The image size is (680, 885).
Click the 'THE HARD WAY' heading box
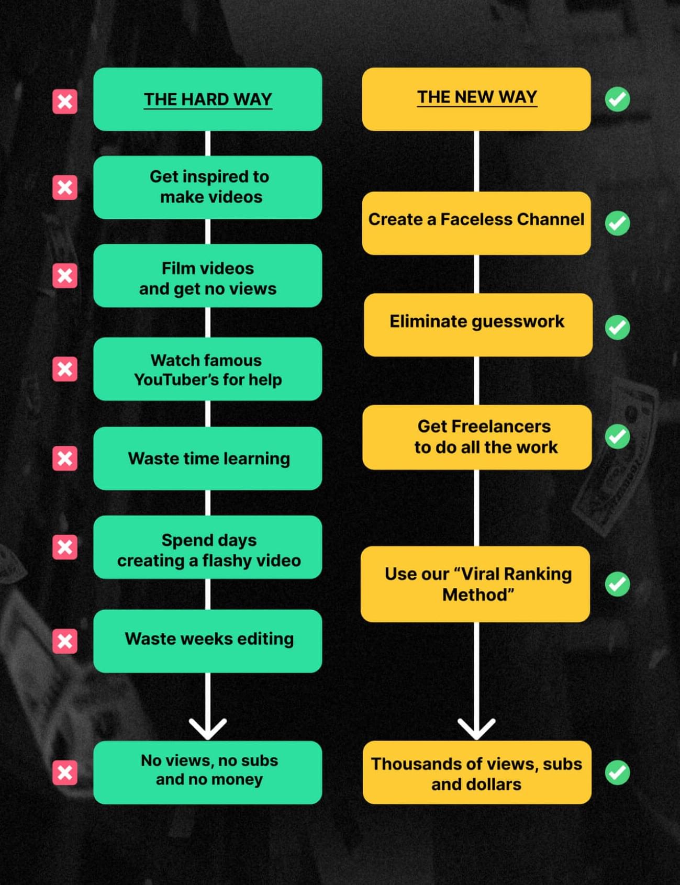(207, 99)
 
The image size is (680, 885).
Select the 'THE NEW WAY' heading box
(476, 99)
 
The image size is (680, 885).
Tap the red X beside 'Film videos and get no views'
(65, 276)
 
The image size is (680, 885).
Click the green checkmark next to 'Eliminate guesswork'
(618, 328)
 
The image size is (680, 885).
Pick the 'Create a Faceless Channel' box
(476, 223)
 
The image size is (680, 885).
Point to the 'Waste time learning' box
(207, 458)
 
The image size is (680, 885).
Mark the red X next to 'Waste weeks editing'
(65, 641)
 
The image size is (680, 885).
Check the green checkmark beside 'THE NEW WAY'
(618, 99)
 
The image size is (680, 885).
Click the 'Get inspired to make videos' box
(207, 187)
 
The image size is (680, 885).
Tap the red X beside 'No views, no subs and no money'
(65, 772)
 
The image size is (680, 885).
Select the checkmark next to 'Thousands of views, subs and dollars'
(618, 772)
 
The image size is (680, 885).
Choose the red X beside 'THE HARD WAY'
(65, 101)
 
